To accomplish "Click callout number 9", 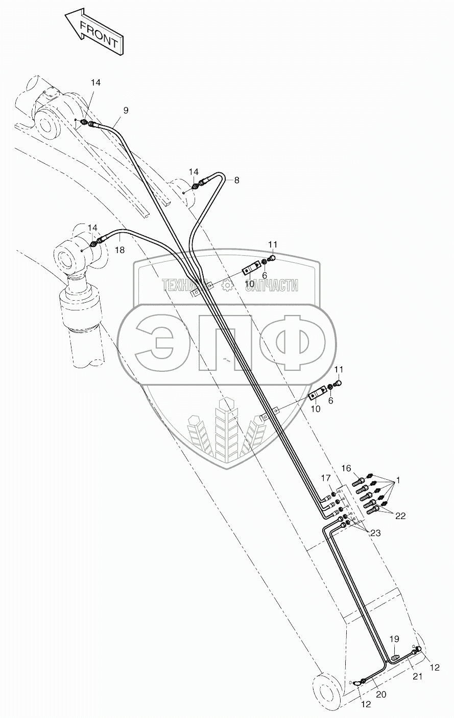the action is click(x=126, y=110).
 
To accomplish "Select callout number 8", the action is click(x=236, y=180).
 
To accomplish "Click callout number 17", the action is click(x=325, y=478).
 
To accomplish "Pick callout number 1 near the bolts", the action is click(x=398, y=481).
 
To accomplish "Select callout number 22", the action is click(x=400, y=516).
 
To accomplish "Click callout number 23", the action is click(x=375, y=532).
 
